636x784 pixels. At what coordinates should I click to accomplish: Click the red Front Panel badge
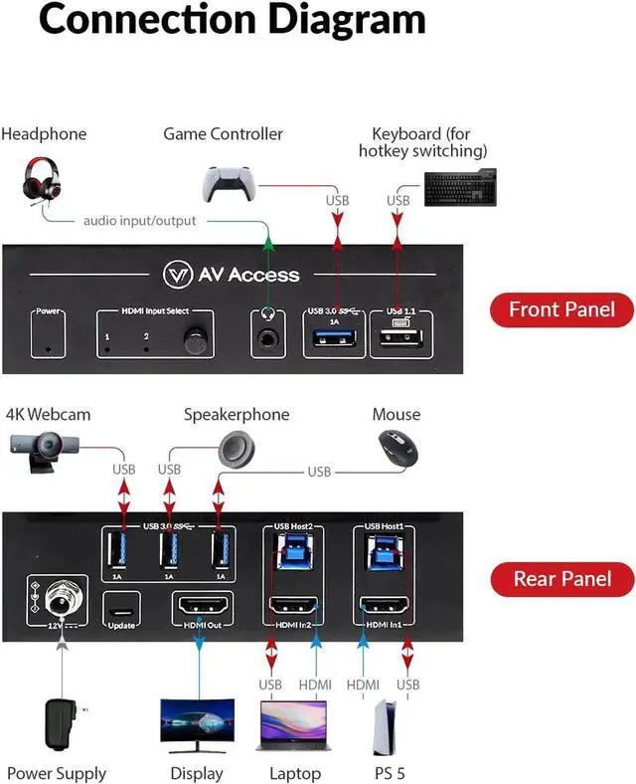tap(562, 309)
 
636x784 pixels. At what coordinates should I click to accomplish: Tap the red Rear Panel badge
tap(562, 578)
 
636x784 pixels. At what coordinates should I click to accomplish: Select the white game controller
tap(230, 181)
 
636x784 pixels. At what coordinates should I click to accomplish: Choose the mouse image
tap(397, 448)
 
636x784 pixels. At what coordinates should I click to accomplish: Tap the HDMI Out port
tap(201, 604)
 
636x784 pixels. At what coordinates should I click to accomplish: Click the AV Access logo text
tap(230, 275)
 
